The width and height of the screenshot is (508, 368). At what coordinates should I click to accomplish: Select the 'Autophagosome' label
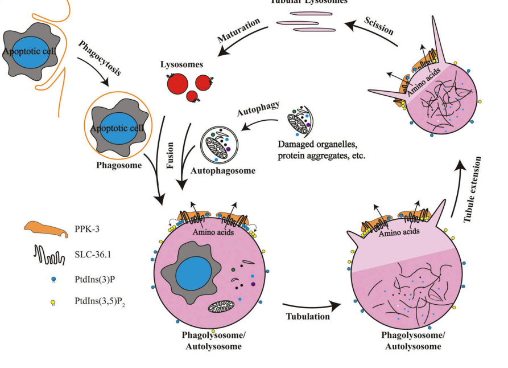pos(223,170)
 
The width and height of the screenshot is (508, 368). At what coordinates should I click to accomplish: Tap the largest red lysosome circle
pos(177,84)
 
